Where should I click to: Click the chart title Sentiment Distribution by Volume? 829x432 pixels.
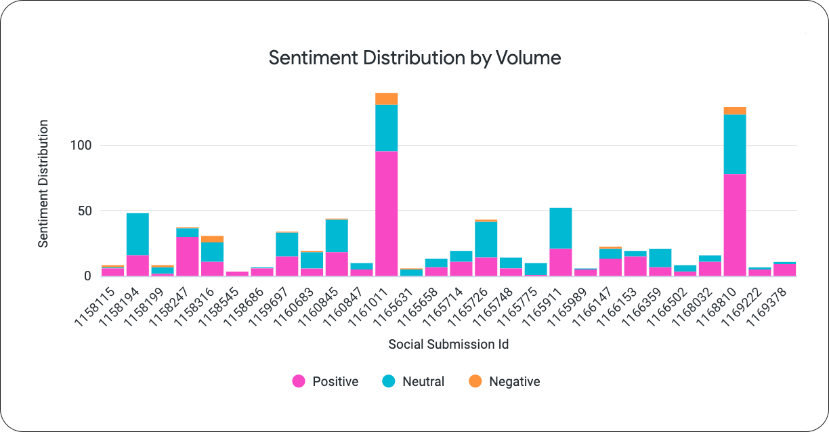coord(414,58)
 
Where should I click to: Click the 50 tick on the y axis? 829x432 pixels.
coord(84,211)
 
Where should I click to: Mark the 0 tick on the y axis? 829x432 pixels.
coord(87,276)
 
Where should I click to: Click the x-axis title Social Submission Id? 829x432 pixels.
coord(448,344)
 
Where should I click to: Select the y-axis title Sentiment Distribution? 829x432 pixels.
coord(43,183)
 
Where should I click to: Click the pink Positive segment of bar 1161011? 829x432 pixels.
coord(386,213)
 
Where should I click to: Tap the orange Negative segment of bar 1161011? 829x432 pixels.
coord(386,99)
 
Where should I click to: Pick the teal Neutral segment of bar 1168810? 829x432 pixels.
coord(735,144)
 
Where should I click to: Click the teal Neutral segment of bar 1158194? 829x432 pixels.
coord(137,234)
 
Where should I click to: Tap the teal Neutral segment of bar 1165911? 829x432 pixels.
coord(561,228)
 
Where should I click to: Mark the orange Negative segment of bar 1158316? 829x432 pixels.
coord(212,239)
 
